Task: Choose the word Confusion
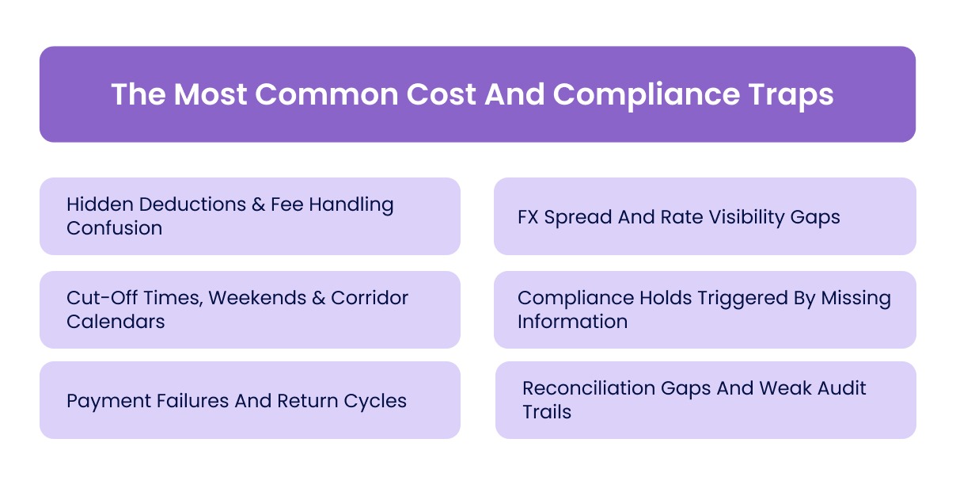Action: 115,228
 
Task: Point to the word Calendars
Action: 116,322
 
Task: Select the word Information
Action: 572,322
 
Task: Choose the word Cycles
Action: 375,400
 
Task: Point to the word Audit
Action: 839,388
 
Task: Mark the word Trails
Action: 547,412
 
